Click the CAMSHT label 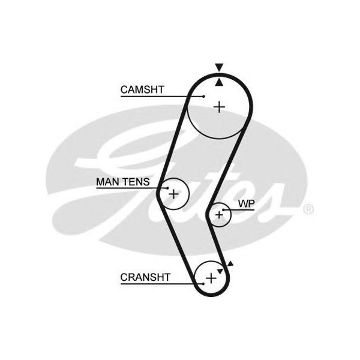[x=142, y=90]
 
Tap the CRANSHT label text [x=145, y=277]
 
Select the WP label [x=246, y=204]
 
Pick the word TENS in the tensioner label [x=137, y=181]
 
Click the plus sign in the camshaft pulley [x=220, y=107]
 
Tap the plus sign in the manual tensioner [x=173, y=194]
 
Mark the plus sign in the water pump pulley [x=219, y=214]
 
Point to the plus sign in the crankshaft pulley [x=211, y=278]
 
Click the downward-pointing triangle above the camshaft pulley [x=220, y=67]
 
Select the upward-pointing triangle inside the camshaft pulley [x=220, y=80]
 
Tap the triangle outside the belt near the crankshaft [x=231, y=263]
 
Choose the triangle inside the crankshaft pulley [x=221, y=272]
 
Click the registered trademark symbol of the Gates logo [x=308, y=209]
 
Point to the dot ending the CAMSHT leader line [x=203, y=96]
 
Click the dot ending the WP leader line [x=224, y=210]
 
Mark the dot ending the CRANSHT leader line [x=203, y=283]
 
